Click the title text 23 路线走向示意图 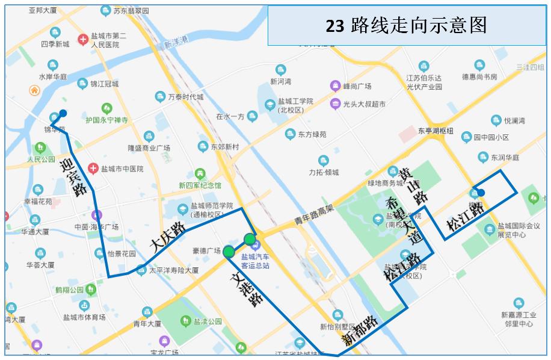pos(406,25)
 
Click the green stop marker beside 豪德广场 pos(229,252)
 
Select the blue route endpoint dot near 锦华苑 pos(63,113)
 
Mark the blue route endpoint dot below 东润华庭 pos(481,193)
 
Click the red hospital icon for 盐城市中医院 pos(93,169)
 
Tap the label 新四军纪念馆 pos(200,185)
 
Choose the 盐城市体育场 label pos(84,317)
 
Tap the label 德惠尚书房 pos(479,77)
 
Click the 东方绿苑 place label pos(312,134)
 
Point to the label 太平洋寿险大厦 pos(174,270)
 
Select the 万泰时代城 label pos(185,97)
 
